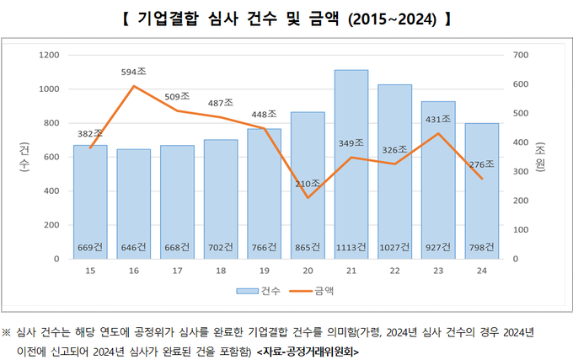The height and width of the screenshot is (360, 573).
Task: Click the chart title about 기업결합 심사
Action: (x=286, y=18)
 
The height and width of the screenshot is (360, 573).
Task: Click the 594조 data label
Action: (x=135, y=73)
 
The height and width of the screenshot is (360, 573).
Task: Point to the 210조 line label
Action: (x=308, y=183)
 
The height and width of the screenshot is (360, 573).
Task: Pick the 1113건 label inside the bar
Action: (x=351, y=248)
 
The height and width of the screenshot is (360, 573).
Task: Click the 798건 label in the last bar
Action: (x=481, y=248)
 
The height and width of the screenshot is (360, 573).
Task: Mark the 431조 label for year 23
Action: (x=438, y=120)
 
